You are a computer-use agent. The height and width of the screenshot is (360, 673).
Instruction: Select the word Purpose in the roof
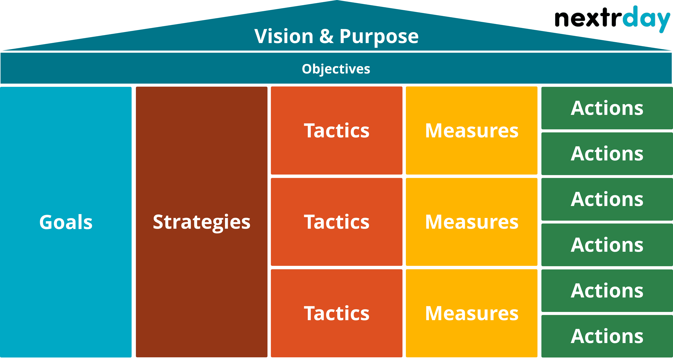coord(379,37)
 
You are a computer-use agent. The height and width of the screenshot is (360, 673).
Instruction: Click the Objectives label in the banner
coord(336,69)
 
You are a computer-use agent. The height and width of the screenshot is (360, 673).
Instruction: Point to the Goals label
coord(66,222)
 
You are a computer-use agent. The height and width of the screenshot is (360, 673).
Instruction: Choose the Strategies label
coord(201,222)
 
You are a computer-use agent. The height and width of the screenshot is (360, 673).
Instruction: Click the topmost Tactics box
coord(336,130)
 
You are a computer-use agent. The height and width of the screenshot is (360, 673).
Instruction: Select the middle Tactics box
coord(336,222)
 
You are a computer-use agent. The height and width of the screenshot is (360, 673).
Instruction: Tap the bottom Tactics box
coord(336,313)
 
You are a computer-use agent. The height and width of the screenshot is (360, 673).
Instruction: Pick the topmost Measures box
coord(472,130)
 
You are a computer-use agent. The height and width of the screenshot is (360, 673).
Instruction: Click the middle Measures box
coord(472,222)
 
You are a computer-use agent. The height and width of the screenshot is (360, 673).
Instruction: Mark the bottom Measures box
coord(472,313)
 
